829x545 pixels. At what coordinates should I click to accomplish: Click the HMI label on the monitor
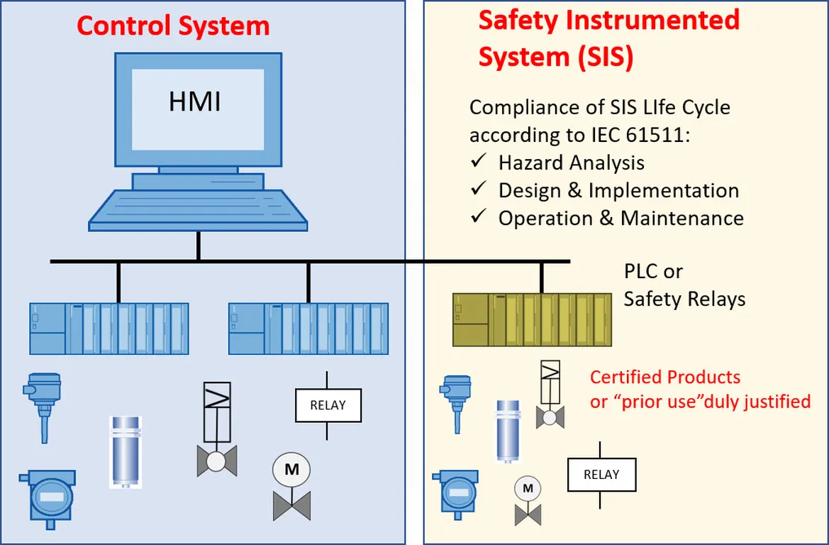(194, 101)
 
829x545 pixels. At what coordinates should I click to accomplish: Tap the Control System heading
(173, 26)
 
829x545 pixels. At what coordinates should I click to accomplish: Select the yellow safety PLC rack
(532, 319)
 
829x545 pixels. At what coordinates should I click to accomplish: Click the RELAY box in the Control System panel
(328, 405)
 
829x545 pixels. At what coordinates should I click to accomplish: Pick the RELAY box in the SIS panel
(601, 475)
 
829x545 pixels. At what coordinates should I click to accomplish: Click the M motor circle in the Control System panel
(291, 469)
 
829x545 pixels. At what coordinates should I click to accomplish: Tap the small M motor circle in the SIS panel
(528, 488)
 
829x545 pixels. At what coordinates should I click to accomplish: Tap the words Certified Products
(665, 377)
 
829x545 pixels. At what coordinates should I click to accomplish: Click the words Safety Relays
(684, 299)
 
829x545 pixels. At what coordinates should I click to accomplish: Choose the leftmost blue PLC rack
(109, 329)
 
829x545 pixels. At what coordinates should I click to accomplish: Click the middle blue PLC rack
(308, 329)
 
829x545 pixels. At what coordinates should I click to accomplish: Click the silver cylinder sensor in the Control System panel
(126, 452)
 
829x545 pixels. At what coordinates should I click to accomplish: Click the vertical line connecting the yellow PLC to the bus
(542, 277)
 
